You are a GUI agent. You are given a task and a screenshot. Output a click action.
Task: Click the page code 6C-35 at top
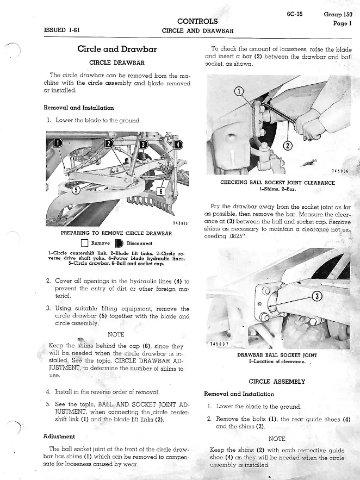click(295, 14)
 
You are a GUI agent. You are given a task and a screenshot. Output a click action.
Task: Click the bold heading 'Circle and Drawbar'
click(117, 49)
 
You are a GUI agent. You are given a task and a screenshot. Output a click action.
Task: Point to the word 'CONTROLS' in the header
click(197, 21)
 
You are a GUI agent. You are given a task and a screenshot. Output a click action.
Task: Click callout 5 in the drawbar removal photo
click(77, 189)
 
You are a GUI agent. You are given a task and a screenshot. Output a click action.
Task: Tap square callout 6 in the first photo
click(160, 191)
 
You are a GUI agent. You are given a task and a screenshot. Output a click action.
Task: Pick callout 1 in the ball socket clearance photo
click(238, 91)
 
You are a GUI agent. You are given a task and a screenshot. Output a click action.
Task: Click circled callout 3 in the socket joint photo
click(318, 296)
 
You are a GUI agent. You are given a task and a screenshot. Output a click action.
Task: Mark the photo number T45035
click(180, 223)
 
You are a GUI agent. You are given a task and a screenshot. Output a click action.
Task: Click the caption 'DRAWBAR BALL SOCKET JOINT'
click(277, 355)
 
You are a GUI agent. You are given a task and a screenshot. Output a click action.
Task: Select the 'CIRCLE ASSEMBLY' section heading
click(277, 382)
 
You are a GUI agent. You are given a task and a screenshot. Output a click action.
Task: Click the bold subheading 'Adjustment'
click(59, 436)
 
